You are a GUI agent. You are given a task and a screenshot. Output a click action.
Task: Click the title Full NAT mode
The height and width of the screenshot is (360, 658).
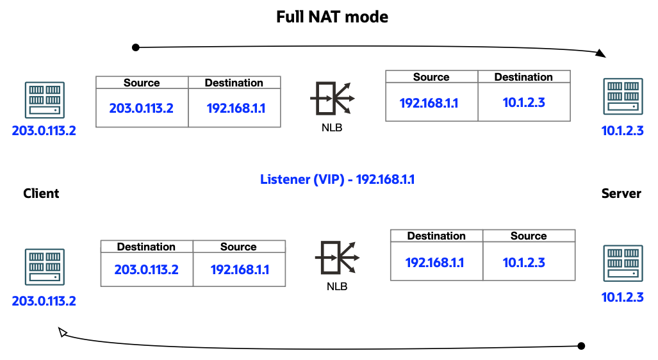[332, 17]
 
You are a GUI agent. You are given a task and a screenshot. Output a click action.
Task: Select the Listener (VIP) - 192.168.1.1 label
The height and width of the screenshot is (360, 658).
[337, 179]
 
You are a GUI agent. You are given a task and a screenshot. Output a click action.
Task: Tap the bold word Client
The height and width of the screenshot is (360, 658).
[41, 193]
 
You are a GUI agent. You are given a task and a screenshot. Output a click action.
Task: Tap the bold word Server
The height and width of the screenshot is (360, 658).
[621, 193]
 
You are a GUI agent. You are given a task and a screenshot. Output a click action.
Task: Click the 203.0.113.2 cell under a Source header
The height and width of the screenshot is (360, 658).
[141, 108]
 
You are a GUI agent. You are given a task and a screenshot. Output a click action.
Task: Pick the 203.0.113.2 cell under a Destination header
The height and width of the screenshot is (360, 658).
[146, 270]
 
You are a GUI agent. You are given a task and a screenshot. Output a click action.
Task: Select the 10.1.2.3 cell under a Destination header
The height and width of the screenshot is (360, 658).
[523, 102]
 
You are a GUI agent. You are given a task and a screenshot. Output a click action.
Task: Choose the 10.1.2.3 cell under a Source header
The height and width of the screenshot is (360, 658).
[523, 263]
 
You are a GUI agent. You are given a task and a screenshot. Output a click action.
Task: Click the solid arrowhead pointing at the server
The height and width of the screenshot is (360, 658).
[602, 54]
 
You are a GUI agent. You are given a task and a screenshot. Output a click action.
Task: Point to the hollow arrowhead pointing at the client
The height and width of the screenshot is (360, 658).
[63, 332]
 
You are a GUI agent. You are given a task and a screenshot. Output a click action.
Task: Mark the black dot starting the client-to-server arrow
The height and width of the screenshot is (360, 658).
[135, 47]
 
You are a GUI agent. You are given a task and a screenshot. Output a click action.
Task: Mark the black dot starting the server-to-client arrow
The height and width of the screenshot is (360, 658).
[581, 346]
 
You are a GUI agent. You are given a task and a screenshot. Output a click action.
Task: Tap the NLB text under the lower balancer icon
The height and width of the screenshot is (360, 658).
[336, 286]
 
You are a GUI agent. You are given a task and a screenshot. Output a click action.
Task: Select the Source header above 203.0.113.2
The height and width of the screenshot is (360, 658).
[142, 83]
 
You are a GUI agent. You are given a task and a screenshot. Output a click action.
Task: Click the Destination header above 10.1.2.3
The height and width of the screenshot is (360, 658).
[523, 77]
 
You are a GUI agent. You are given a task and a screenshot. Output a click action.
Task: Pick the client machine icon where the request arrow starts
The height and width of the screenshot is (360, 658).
[44, 100]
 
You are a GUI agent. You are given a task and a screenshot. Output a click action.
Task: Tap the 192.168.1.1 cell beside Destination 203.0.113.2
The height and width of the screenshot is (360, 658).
[240, 270]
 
